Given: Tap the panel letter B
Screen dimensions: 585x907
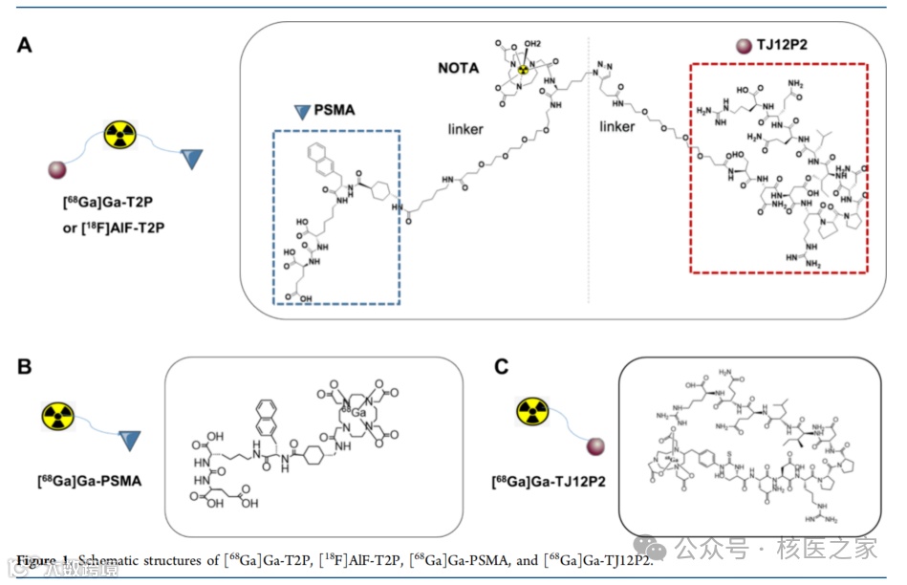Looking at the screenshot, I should pyautogui.click(x=26, y=366).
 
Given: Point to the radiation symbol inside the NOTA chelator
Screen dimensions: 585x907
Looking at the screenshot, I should pyautogui.click(x=522, y=69).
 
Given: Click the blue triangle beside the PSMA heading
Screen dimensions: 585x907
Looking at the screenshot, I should pyautogui.click(x=301, y=111).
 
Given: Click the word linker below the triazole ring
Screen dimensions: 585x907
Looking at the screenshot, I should pyautogui.click(x=616, y=127).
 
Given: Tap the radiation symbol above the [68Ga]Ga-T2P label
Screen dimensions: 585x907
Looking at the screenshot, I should pyautogui.click(x=119, y=134).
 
